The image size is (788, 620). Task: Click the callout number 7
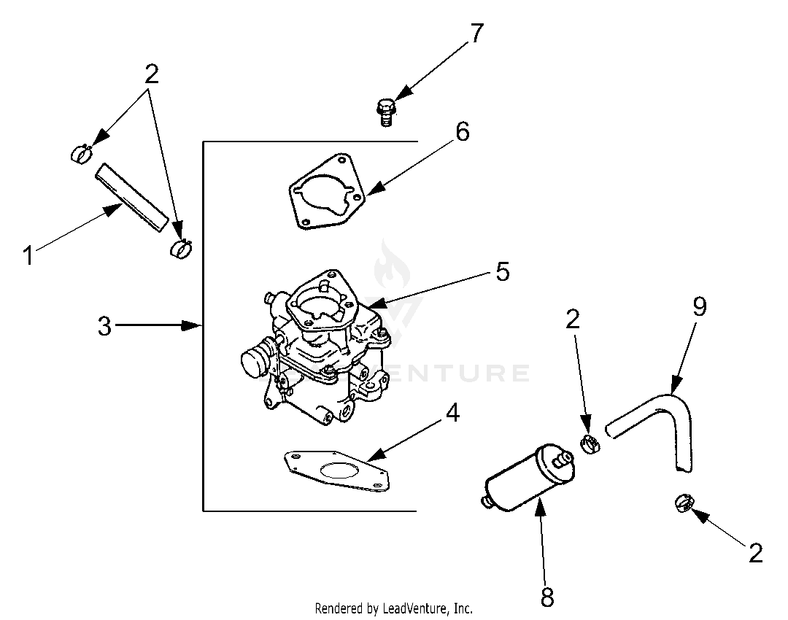(x=476, y=34)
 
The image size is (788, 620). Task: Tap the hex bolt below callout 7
(x=385, y=112)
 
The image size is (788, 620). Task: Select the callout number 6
(x=463, y=131)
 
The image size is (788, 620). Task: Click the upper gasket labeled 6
(x=327, y=192)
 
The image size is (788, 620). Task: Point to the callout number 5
(x=503, y=271)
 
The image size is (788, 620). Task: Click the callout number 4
(x=453, y=413)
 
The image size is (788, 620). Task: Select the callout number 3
(x=104, y=326)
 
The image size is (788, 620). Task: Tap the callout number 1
(x=28, y=255)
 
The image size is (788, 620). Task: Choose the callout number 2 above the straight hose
(x=151, y=75)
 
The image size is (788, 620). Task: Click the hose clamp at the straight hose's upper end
(x=81, y=153)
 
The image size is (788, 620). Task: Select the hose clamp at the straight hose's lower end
(x=182, y=248)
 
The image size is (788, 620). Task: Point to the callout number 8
(x=547, y=597)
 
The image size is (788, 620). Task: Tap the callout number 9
(x=700, y=306)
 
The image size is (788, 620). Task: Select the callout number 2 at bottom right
(x=755, y=553)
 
